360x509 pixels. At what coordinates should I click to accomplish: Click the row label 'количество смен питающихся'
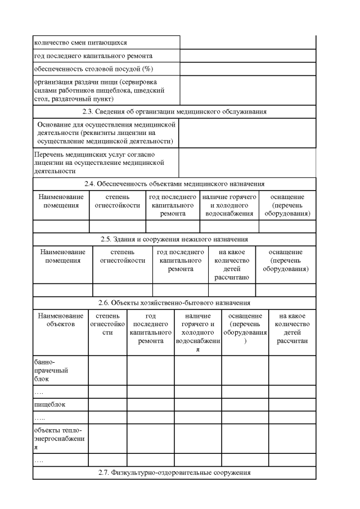click(x=80, y=42)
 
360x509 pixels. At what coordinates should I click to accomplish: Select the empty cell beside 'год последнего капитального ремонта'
click(x=247, y=56)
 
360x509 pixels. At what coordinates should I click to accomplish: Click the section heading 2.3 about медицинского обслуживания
click(x=174, y=111)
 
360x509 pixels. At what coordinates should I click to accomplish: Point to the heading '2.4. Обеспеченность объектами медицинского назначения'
click(x=174, y=184)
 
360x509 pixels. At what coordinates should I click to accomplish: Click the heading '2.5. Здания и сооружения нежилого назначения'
click(x=174, y=239)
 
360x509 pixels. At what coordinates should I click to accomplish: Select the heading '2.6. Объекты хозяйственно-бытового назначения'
click(x=174, y=304)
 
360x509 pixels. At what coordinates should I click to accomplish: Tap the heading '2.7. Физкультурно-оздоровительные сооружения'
click(x=174, y=472)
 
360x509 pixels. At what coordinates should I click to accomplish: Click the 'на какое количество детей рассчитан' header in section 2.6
click(x=292, y=329)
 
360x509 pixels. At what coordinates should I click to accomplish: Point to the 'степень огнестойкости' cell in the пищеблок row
click(x=107, y=404)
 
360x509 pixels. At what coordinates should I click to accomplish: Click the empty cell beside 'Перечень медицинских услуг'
click(x=247, y=162)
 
